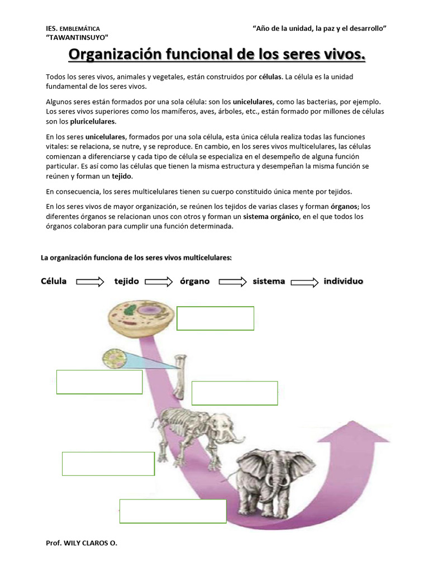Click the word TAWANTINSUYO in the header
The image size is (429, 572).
[77, 37]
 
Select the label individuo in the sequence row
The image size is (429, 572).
[343, 282]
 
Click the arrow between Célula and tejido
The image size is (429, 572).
[90, 282]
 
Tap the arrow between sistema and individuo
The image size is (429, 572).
[304, 282]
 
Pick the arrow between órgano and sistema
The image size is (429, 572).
[232, 282]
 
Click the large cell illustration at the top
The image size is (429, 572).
[137, 318]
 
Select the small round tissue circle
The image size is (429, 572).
[116, 359]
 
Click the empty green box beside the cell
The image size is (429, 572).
[215, 318]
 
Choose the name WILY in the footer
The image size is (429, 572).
[74, 542]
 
